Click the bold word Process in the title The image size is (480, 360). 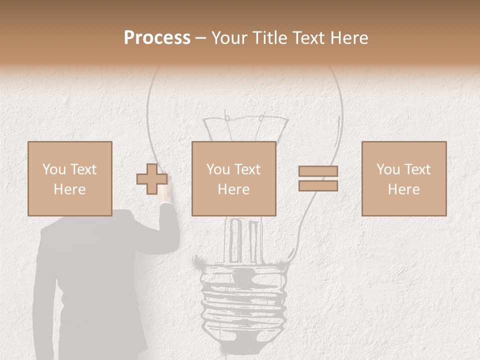point(157,38)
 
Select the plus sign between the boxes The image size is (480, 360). point(152,178)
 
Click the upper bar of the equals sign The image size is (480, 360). point(318,171)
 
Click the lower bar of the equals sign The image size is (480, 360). point(318,185)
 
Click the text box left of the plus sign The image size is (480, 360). point(69,178)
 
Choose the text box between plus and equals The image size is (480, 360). point(233,178)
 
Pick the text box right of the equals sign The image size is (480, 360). point(403,178)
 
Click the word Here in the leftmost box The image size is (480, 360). point(69,189)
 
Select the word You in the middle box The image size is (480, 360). point(218,169)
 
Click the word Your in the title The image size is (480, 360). point(229,38)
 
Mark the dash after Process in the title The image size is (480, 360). point(201,38)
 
